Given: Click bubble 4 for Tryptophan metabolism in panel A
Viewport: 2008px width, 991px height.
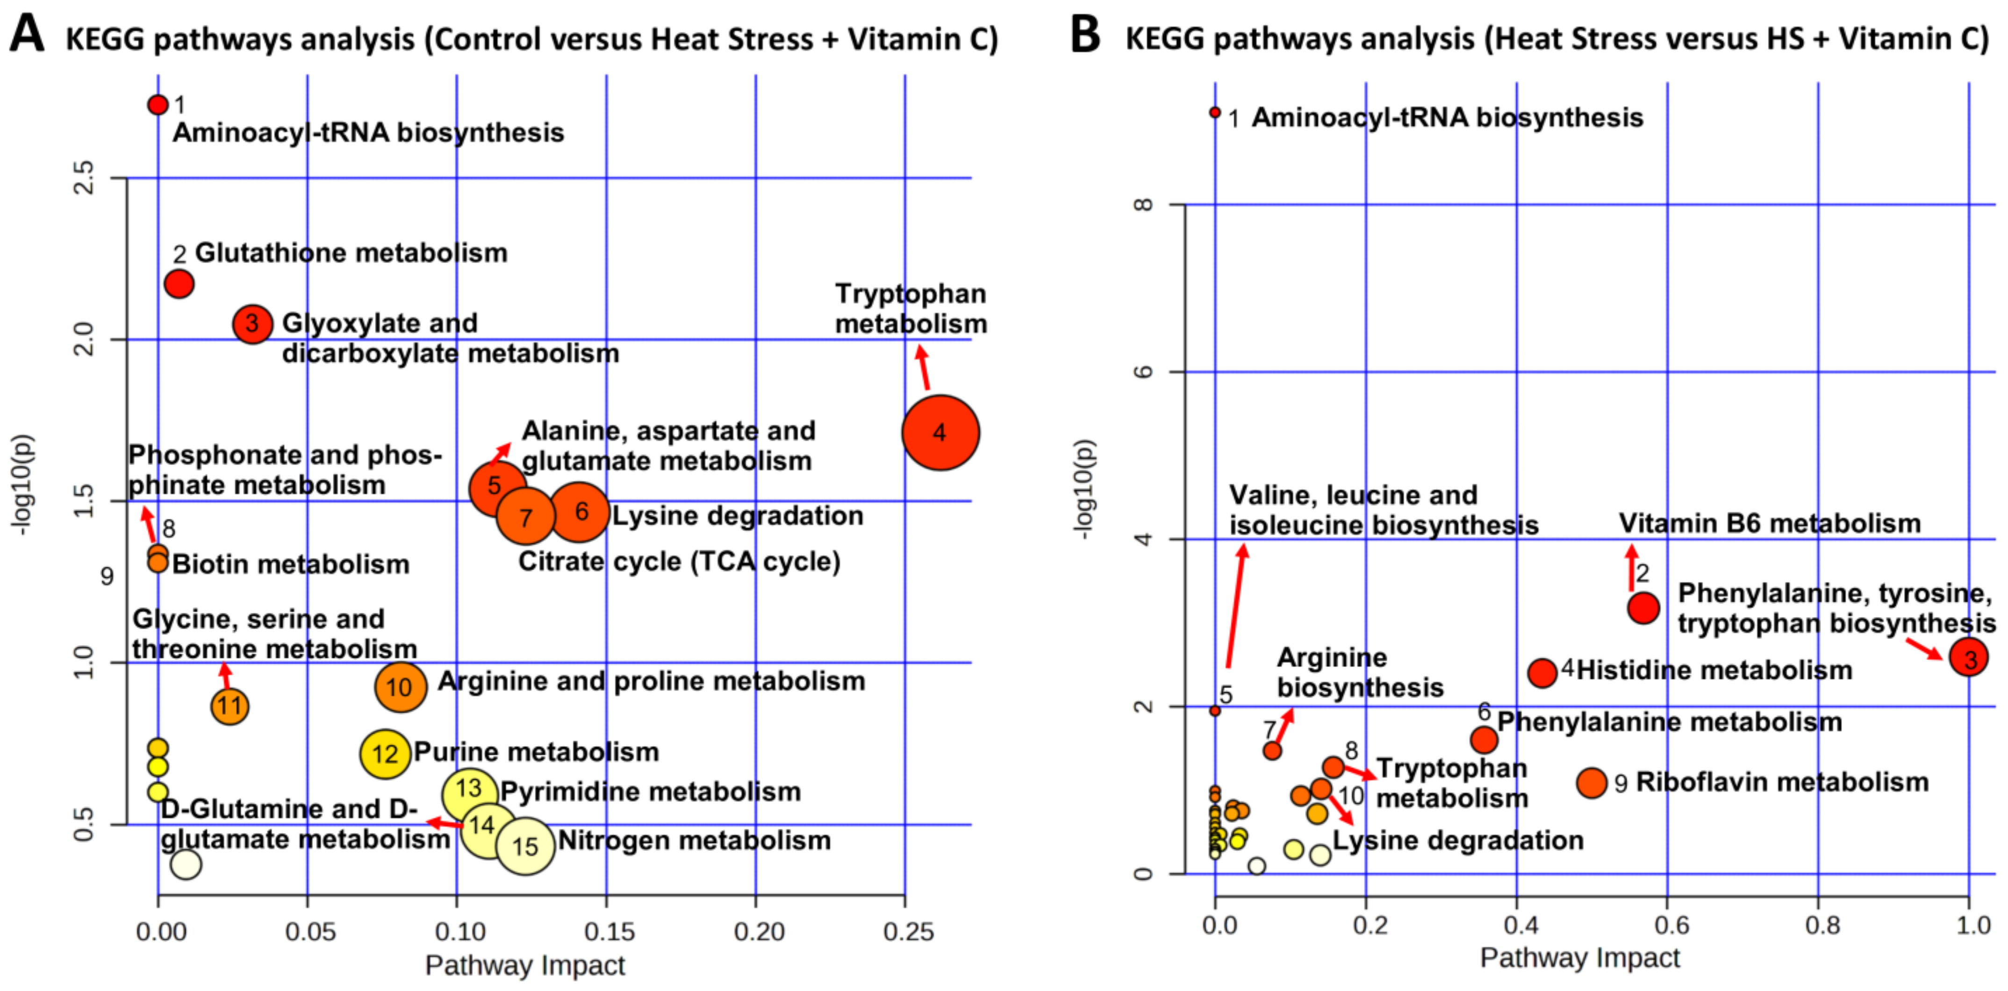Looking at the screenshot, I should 940,433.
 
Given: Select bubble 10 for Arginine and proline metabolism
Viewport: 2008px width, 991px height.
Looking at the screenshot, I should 400,687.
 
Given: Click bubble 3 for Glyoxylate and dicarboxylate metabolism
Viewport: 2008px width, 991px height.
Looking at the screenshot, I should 252,323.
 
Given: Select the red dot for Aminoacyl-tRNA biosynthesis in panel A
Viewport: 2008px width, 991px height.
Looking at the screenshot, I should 158,105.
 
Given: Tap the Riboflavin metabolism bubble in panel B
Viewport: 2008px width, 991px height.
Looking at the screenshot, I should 1592,782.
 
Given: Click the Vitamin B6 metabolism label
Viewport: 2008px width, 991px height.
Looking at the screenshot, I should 1770,523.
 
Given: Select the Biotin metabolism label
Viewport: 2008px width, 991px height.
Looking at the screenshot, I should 291,564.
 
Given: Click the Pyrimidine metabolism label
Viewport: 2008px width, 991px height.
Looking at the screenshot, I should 650,791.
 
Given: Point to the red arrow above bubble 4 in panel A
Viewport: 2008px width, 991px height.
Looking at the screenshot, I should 923,367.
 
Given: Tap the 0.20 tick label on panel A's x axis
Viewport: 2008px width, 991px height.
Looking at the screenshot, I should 759,931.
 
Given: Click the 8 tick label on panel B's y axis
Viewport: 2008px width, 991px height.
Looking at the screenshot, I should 1143,204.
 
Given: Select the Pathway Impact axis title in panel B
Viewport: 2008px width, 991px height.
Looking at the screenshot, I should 1579,957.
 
